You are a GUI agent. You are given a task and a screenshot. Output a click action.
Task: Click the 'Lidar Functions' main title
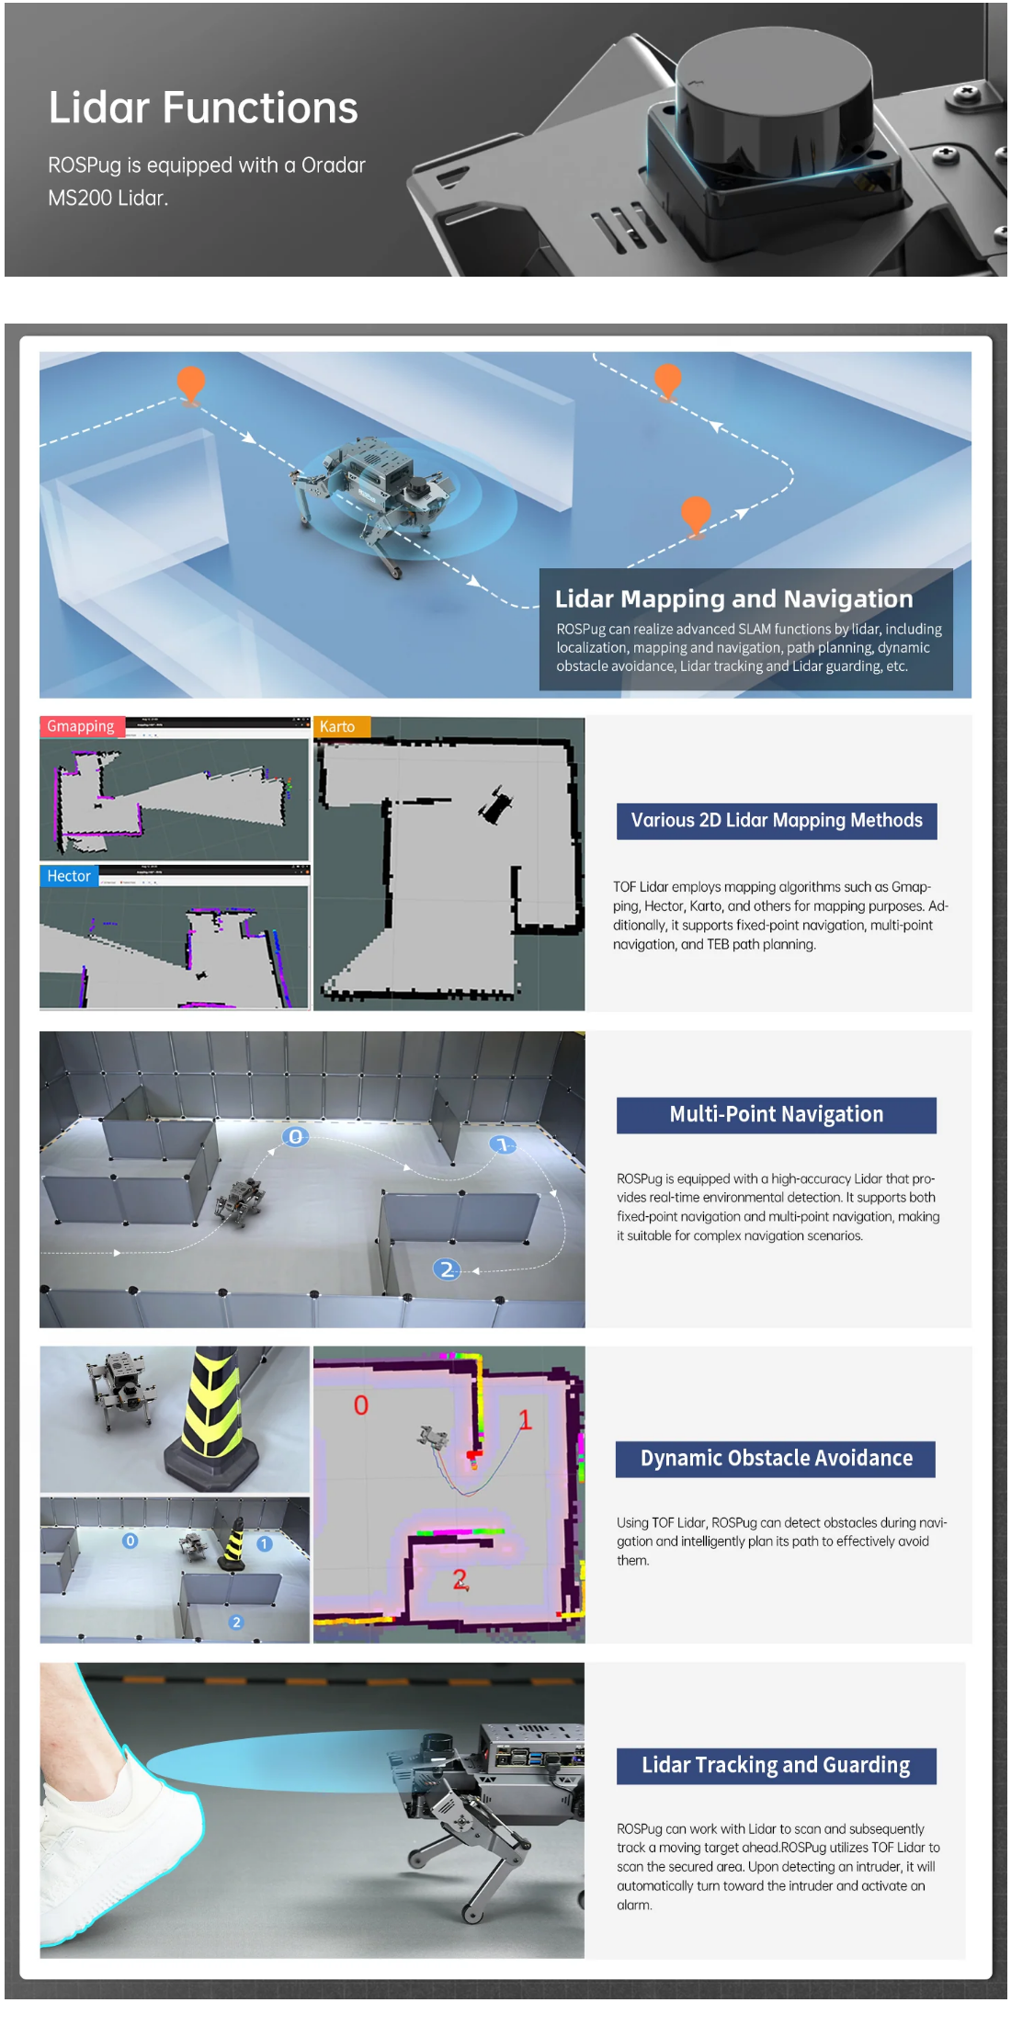[x=203, y=108]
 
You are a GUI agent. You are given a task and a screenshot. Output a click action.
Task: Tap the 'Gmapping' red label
[x=82, y=726]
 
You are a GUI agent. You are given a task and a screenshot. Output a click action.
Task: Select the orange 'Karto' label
[x=341, y=726]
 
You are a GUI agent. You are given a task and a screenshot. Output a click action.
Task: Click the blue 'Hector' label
[x=69, y=876]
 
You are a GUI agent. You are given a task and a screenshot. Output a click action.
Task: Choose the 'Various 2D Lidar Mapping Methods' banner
[x=777, y=821]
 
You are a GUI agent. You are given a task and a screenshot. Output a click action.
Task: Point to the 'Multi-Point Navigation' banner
[x=777, y=1115]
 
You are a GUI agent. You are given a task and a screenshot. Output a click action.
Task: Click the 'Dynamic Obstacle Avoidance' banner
[x=776, y=1459]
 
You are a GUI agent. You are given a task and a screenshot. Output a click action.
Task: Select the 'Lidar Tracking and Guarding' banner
[x=776, y=1766]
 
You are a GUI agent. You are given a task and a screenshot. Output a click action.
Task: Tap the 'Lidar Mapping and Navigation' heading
[x=733, y=599]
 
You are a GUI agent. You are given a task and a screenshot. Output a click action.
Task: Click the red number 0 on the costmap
[x=361, y=1405]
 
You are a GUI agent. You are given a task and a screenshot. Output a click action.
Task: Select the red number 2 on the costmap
[x=460, y=1580]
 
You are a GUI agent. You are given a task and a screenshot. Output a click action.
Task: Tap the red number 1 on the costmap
[x=526, y=1419]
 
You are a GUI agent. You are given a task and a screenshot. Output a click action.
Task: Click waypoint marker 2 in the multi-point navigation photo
[x=447, y=1269]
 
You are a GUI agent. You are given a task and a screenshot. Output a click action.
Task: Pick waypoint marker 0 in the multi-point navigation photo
[x=295, y=1137]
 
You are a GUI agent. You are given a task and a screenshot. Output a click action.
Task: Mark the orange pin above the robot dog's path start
[x=190, y=384]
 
